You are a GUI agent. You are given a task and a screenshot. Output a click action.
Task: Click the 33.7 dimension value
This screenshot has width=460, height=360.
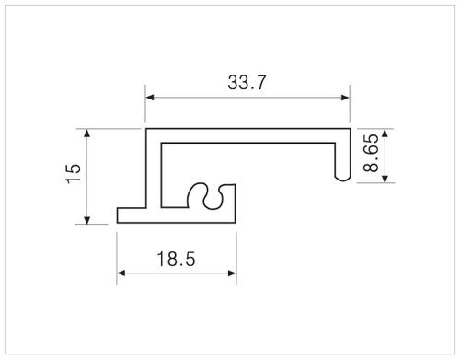(x=247, y=83)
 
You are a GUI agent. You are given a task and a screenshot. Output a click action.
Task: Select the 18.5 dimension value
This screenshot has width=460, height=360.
(x=176, y=259)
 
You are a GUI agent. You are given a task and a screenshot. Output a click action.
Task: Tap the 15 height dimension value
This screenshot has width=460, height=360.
(x=74, y=173)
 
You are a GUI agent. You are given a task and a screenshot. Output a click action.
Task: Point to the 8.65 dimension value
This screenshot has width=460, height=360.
(x=371, y=153)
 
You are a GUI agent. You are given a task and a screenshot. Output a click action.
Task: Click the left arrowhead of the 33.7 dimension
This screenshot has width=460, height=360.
(x=150, y=98)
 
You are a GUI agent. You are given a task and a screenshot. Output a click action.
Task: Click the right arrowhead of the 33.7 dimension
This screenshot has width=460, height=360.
(x=345, y=98)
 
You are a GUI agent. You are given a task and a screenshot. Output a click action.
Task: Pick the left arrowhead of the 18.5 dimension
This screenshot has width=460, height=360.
(x=121, y=273)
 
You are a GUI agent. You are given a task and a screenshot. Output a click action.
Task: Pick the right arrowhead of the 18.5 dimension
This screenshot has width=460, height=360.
(x=232, y=273)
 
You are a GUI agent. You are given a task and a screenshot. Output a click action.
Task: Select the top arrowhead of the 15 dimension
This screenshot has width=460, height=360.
(x=87, y=134)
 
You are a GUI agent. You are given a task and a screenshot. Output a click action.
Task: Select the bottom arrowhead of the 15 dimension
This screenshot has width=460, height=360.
(x=87, y=220)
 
